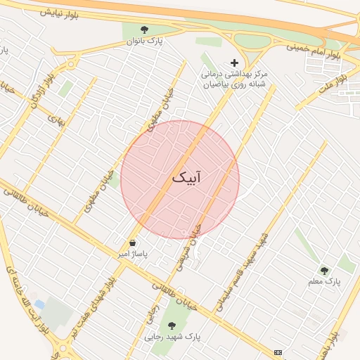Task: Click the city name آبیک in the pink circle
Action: click(186, 179)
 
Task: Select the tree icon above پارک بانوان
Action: click(144, 30)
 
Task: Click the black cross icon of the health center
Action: click(235, 63)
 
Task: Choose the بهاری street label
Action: click(56, 120)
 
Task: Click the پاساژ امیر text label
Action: click(132, 254)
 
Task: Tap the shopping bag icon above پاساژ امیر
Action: click(132, 243)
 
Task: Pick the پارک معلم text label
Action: click(324, 281)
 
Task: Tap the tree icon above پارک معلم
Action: click(324, 270)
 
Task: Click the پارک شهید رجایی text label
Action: click(172, 337)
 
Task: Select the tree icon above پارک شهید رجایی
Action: click(172, 325)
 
